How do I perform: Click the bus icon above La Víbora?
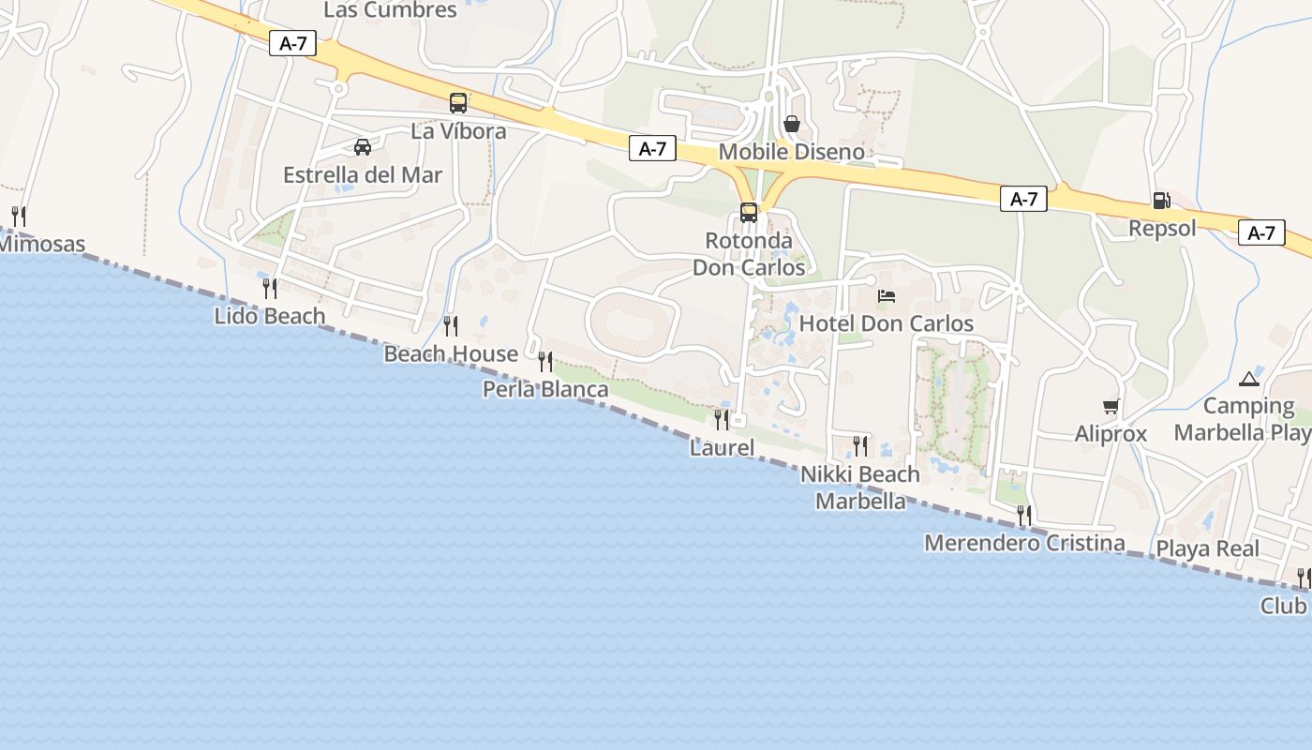[x=458, y=103]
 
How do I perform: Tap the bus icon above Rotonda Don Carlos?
[x=748, y=213]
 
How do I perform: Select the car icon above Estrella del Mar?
[x=363, y=146]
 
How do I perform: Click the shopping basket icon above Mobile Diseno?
[x=792, y=124]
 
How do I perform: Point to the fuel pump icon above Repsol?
[x=1161, y=200]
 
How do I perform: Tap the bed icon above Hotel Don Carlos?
[x=887, y=296]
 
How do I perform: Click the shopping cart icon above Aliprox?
[x=1111, y=406]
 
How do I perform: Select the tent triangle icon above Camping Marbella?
[x=1248, y=379]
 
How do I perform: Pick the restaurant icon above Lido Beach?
[x=270, y=288]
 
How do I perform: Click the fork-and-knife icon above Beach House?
[x=451, y=325]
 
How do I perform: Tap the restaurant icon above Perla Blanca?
[x=545, y=361]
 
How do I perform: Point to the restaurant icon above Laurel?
[x=722, y=419]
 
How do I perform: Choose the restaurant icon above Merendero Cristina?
[x=1024, y=515]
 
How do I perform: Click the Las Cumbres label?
[x=390, y=10]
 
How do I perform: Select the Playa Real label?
[x=1207, y=548]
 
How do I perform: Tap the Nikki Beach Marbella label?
[x=860, y=487]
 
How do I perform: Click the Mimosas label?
[x=41, y=245]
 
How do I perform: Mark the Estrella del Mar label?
[x=363, y=175]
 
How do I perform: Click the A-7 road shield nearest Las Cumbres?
[x=292, y=43]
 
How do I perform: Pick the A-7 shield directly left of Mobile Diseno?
[x=652, y=148]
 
